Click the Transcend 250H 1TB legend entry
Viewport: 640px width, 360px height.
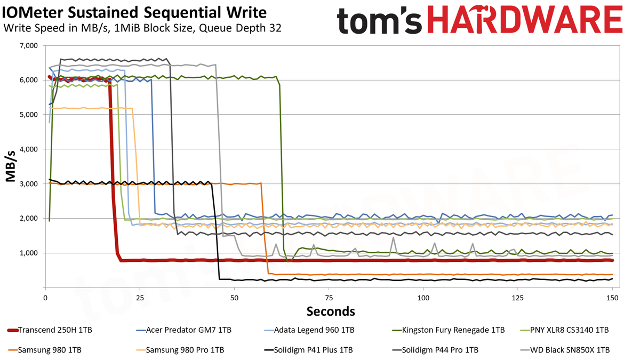[x=50, y=330]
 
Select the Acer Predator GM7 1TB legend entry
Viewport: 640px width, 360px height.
[x=184, y=330]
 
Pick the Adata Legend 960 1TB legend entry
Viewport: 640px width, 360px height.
[x=309, y=330]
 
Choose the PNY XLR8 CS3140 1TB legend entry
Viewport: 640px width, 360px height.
[x=565, y=330]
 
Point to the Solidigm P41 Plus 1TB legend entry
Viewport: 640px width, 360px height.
[x=309, y=350]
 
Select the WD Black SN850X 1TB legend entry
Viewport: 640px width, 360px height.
[x=565, y=350]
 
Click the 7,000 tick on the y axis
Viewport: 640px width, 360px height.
[x=29, y=46]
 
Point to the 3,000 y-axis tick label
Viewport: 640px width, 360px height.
[x=29, y=183]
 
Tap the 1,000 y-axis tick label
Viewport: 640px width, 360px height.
[x=29, y=253]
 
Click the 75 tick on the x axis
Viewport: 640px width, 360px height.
[x=329, y=298]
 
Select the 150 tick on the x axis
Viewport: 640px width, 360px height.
[x=612, y=298]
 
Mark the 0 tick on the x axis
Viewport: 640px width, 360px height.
[x=45, y=298]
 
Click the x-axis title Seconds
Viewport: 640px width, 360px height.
[x=331, y=311]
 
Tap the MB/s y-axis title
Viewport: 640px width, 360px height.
[x=10, y=166]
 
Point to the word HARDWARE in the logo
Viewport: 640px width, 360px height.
[x=525, y=19]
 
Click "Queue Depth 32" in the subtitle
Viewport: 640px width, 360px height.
[x=241, y=28]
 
